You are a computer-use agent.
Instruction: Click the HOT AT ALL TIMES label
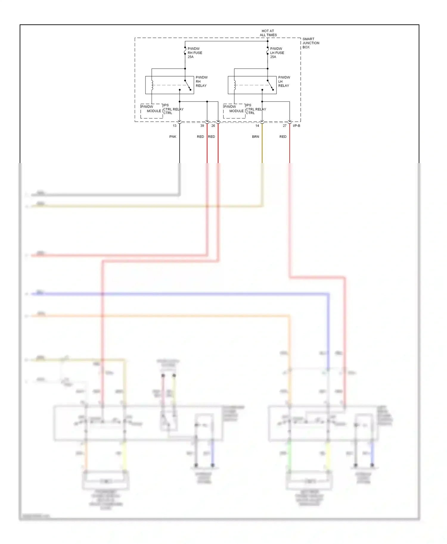click(x=268, y=33)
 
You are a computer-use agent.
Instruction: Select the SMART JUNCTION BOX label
click(x=311, y=43)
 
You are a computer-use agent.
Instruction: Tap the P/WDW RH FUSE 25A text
click(x=195, y=53)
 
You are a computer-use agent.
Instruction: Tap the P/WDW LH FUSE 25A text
click(x=277, y=53)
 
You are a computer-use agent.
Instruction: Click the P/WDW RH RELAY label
click(x=201, y=82)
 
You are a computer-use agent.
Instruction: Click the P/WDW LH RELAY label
click(x=284, y=82)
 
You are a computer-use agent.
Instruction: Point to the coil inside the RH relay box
click(x=152, y=85)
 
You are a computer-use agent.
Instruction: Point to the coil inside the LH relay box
click(x=235, y=85)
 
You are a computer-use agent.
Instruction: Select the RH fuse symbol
click(x=185, y=51)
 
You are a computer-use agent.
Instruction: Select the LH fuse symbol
click(x=268, y=51)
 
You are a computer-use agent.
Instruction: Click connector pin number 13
click(x=175, y=126)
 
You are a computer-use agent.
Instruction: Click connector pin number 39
click(x=202, y=126)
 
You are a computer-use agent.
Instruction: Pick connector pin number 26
click(x=213, y=126)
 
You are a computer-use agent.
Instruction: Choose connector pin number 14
click(x=257, y=126)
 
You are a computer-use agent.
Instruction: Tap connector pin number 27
click(x=285, y=126)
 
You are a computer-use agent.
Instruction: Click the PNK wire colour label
click(x=173, y=137)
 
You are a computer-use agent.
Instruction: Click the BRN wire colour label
click(x=255, y=137)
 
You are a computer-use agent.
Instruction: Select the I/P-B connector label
click(x=297, y=126)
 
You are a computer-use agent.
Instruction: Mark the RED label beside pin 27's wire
click(x=283, y=137)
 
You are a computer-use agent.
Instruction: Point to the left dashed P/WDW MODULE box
click(x=152, y=111)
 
